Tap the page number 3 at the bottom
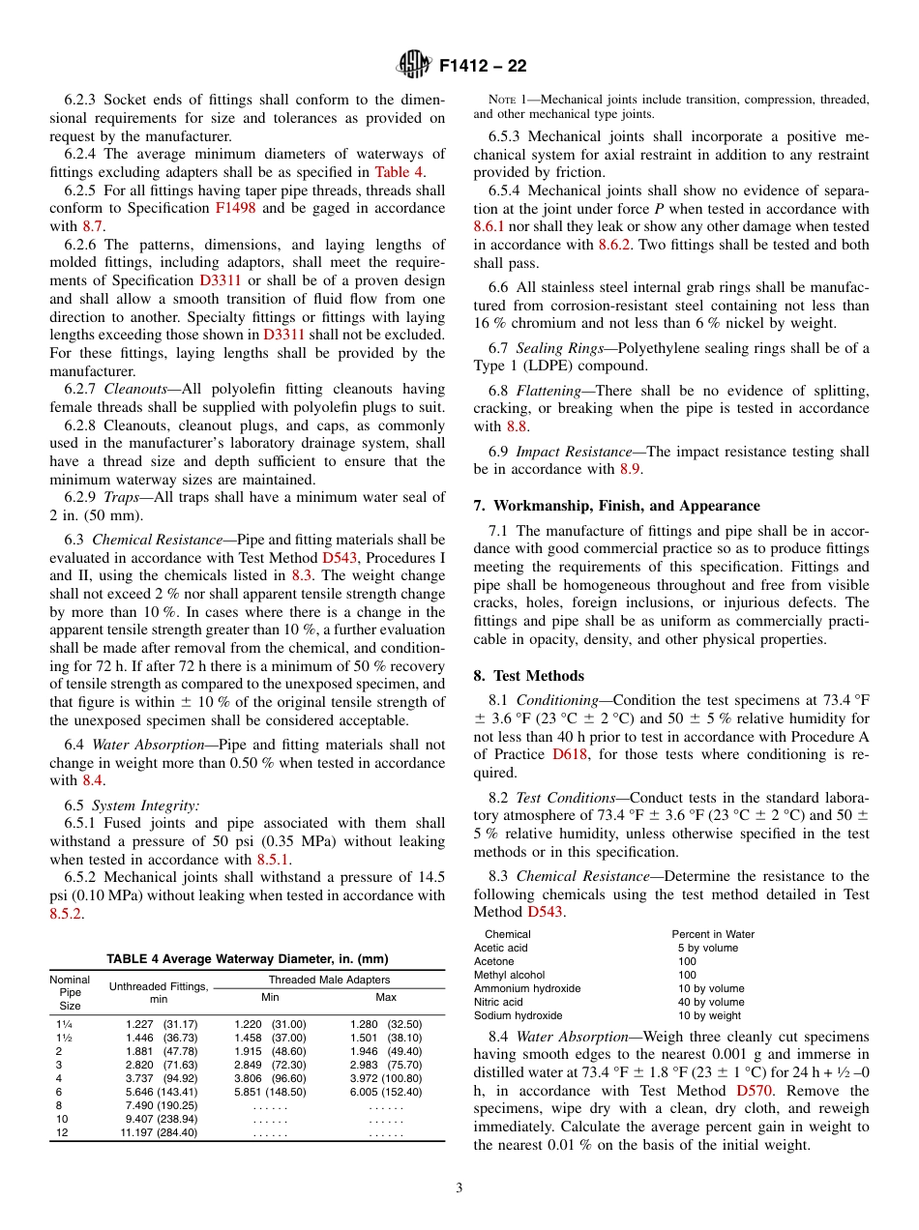point(459,1187)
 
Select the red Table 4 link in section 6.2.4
point(400,172)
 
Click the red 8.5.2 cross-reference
point(67,913)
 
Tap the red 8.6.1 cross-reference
point(489,226)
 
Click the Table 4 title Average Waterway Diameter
point(247,959)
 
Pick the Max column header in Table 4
point(386,997)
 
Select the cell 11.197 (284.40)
point(159,1132)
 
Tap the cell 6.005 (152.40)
point(386,1092)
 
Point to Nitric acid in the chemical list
point(498,1002)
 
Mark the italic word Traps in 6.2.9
point(121,498)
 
